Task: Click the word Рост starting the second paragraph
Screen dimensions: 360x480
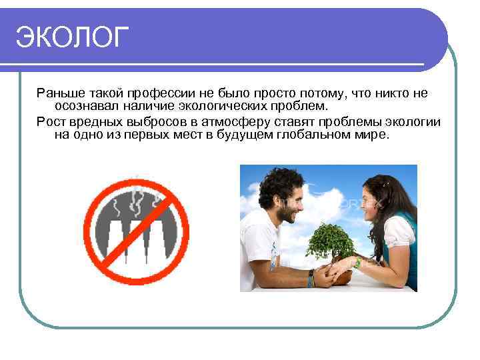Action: pyautogui.click(x=50, y=121)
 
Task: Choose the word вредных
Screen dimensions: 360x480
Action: pyautogui.click(x=99, y=121)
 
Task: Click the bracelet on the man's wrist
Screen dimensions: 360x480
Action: pyautogui.click(x=311, y=277)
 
